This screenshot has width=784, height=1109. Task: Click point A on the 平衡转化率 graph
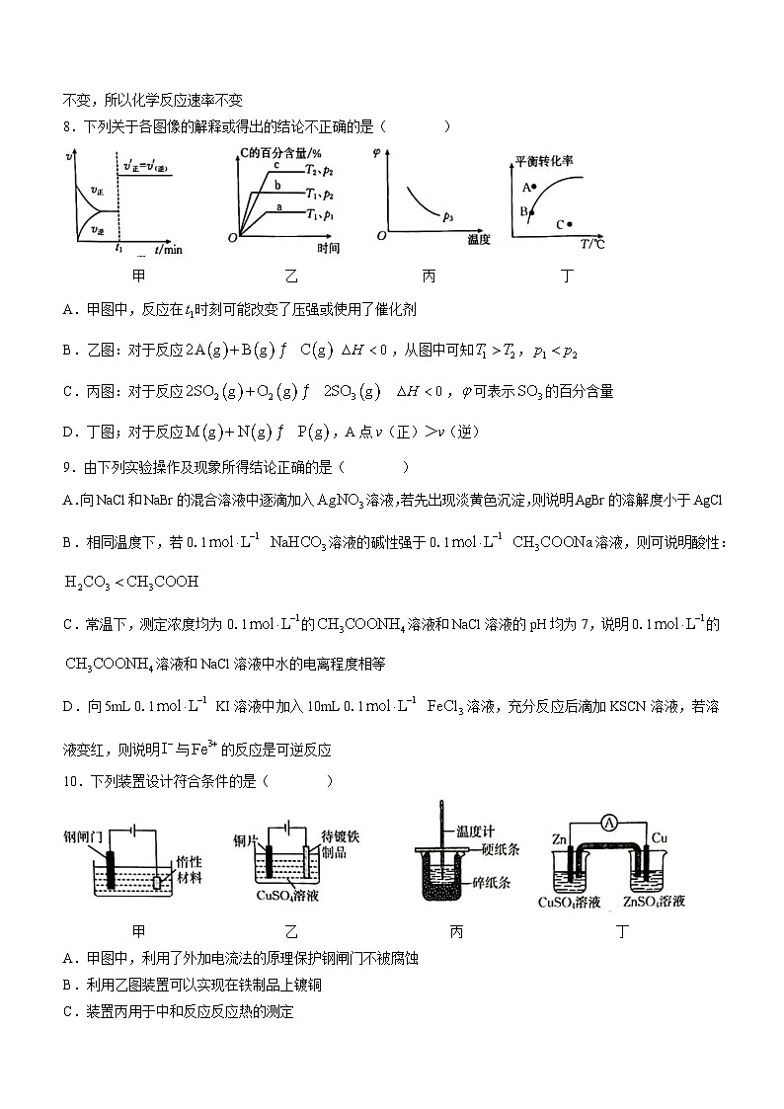click(x=533, y=187)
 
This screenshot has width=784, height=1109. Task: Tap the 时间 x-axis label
click(x=329, y=248)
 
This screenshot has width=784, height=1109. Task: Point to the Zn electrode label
click(x=560, y=839)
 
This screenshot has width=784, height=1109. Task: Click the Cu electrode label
click(x=661, y=839)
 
